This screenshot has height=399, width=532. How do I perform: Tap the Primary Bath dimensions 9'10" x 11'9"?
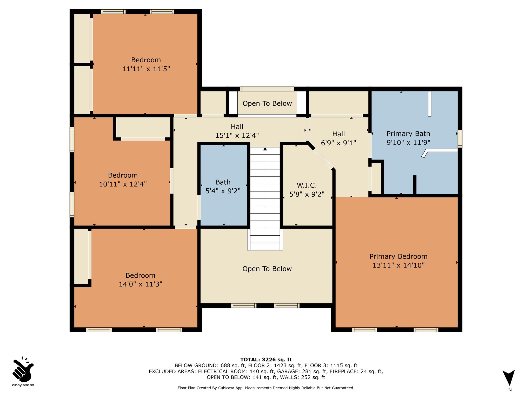[408, 143]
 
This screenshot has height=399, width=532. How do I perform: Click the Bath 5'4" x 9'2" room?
[223, 185]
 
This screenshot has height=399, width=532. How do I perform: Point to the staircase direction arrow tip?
[265, 148]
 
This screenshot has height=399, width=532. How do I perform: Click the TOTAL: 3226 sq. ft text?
[266, 360]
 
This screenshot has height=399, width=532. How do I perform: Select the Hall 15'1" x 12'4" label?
[237, 131]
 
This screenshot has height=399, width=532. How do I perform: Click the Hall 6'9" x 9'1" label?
[338, 138]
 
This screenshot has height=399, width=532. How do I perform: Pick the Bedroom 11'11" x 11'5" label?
[146, 64]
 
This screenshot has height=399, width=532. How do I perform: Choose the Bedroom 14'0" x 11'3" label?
[141, 280]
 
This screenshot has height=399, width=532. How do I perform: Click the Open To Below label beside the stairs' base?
[267, 269]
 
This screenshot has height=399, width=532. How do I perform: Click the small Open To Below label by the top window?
[267, 104]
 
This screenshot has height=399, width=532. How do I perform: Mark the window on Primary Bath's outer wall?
[460, 139]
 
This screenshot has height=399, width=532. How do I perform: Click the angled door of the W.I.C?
[323, 159]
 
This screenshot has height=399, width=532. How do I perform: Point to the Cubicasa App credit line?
[266, 388]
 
